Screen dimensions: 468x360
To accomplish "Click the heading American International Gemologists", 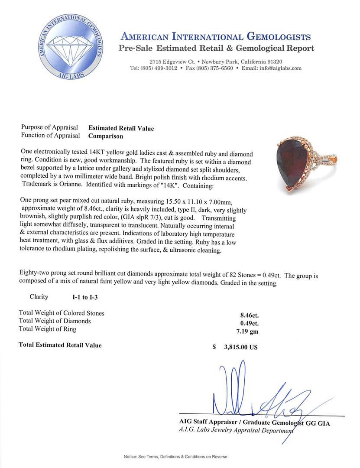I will (x=215, y=36).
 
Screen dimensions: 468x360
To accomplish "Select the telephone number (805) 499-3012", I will (x=159, y=68).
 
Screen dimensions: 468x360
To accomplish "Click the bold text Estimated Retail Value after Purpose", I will (x=121, y=128).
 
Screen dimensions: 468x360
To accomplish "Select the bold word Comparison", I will (x=106, y=136).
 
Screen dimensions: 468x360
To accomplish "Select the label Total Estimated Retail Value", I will (x=60, y=345).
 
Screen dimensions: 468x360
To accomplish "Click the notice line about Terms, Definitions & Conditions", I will (x=175, y=457).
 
